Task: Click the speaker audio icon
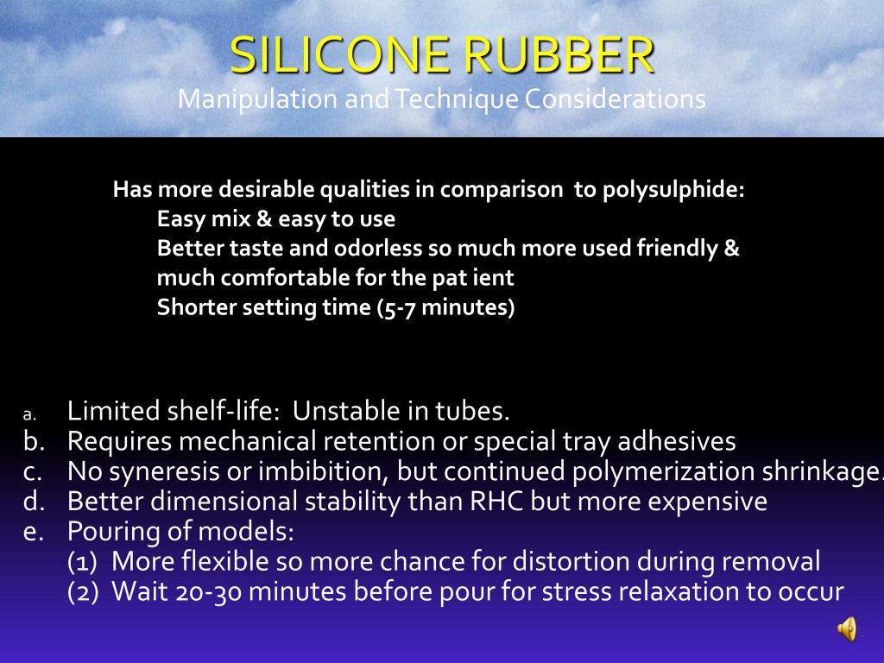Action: [x=847, y=628]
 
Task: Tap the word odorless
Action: [x=381, y=249]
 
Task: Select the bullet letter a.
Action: [x=28, y=414]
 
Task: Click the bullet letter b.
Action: [x=33, y=442]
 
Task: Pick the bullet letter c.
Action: [x=33, y=472]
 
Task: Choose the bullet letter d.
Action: [x=33, y=502]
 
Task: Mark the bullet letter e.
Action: [x=33, y=531]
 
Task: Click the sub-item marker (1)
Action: [x=85, y=562]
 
